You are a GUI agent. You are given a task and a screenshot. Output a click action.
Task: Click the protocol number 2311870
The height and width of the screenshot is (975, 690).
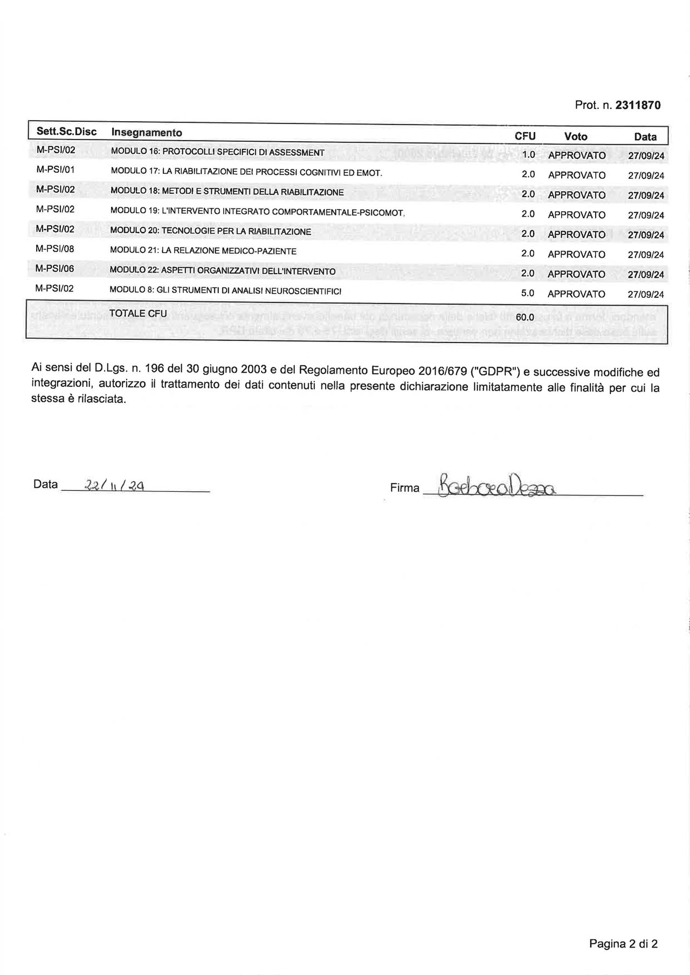click(x=638, y=105)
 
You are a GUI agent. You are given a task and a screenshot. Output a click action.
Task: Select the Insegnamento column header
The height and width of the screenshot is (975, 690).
click(x=147, y=133)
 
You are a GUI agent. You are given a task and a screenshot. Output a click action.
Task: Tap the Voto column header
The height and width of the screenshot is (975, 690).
click(x=576, y=137)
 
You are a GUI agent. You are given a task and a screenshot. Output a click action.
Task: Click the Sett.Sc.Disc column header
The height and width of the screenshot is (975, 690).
click(x=66, y=132)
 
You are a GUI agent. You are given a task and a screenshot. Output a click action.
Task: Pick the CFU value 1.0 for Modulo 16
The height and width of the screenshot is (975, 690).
click(x=528, y=155)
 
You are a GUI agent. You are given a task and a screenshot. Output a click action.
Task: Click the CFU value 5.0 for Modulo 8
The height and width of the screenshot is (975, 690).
click(x=528, y=293)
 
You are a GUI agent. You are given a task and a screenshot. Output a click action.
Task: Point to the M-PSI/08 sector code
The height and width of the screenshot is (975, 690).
click(x=54, y=249)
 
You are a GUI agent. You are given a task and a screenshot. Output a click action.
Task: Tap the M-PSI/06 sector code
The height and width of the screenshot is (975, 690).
click(x=54, y=268)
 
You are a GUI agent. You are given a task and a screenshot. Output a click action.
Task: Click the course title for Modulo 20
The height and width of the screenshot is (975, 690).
click(x=211, y=232)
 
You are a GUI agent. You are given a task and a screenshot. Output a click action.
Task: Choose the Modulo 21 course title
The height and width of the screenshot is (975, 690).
click(x=203, y=251)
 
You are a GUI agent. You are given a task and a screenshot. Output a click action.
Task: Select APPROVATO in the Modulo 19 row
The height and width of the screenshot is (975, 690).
click(x=577, y=214)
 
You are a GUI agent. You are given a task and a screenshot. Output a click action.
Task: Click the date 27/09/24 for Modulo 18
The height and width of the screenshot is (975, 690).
click(x=646, y=195)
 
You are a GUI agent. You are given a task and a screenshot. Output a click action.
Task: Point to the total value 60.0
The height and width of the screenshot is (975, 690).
click(x=525, y=317)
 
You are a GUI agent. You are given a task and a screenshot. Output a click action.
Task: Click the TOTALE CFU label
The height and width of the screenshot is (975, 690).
click(x=138, y=314)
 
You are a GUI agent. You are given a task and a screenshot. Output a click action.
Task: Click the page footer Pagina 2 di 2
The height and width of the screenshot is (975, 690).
click(x=623, y=943)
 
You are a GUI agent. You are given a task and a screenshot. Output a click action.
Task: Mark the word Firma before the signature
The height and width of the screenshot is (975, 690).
click(x=404, y=488)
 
